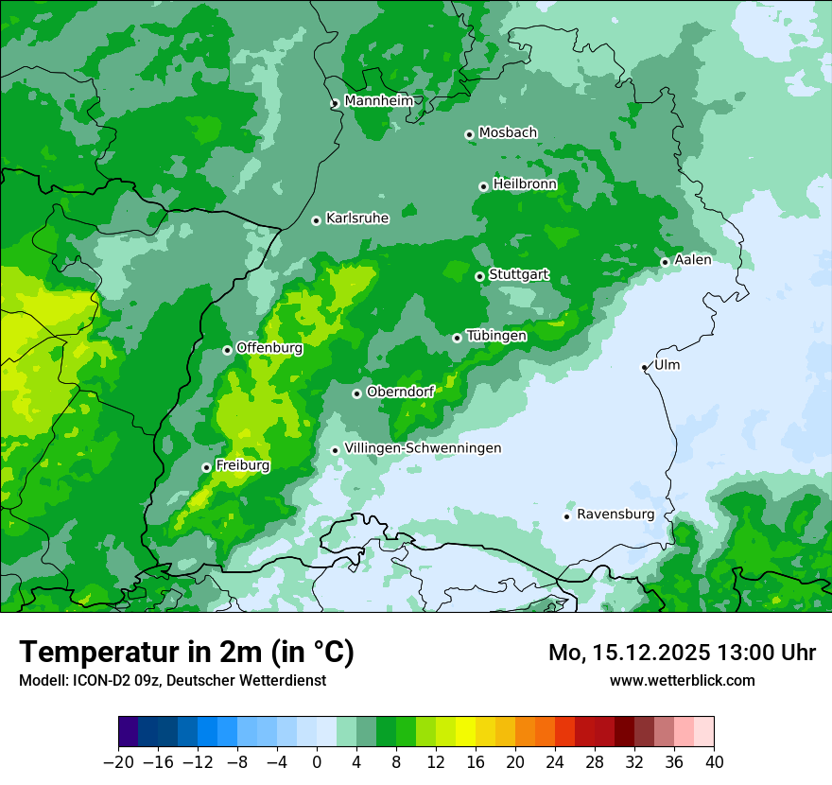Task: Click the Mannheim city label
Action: (x=378, y=101)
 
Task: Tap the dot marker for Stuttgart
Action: (x=479, y=276)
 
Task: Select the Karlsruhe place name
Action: (x=357, y=218)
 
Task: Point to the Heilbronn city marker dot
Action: (x=483, y=186)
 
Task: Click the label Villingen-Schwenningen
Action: (x=423, y=448)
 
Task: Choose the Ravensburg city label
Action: (x=615, y=515)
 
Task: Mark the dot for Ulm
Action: (x=644, y=367)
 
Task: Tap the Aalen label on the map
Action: (x=693, y=260)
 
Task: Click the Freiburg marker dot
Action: (x=206, y=467)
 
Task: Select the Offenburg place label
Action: (x=269, y=348)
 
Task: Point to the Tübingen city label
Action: (x=496, y=336)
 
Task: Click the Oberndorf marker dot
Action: (x=356, y=393)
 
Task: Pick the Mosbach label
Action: (x=508, y=133)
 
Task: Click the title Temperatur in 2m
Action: (x=186, y=652)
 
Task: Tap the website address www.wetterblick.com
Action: (x=682, y=680)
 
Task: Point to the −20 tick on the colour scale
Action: (x=118, y=761)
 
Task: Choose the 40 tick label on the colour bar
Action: (x=714, y=761)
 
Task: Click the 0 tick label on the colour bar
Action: (x=317, y=761)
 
